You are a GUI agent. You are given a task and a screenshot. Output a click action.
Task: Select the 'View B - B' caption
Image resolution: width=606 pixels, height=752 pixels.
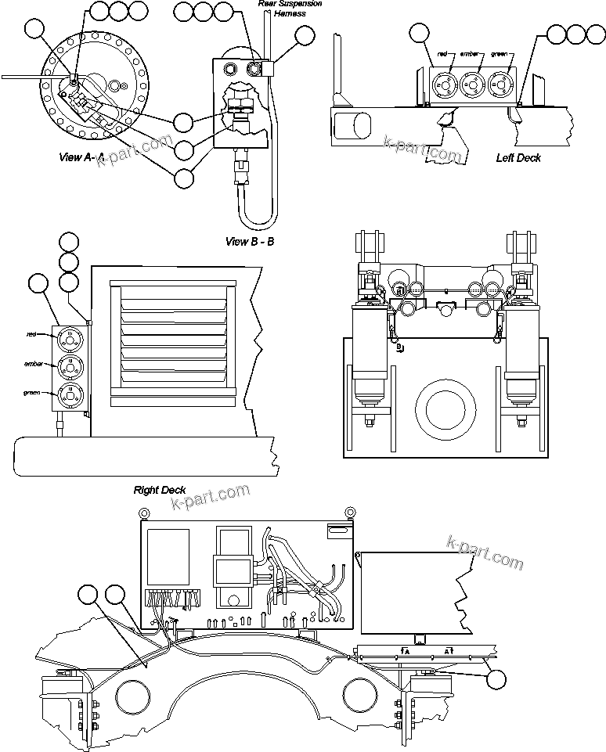click(x=250, y=241)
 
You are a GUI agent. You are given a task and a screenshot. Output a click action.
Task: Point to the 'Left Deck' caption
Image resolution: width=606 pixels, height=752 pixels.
click(x=518, y=157)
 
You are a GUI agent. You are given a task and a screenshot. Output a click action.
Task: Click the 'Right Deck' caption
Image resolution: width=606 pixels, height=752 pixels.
click(x=159, y=490)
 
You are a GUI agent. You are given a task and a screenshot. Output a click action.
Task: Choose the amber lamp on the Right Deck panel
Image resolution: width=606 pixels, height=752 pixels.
click(x=69, y=366)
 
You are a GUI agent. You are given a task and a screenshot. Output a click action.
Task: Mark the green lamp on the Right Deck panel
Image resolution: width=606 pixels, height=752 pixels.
click(x=69, y=393)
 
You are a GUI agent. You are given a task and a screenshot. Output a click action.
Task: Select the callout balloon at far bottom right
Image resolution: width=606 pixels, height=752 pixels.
click(x=496, y=678)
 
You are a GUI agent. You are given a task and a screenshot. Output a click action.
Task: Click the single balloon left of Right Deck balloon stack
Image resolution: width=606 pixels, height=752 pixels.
click(x=38, y=284)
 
